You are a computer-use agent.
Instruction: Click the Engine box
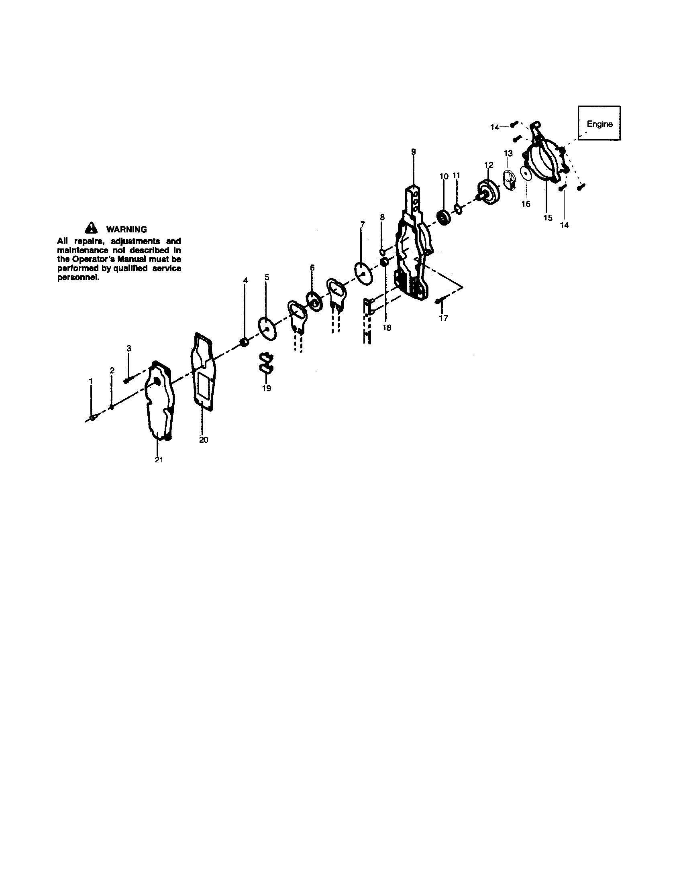point(599,123)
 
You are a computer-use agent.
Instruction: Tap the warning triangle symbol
point(92,228)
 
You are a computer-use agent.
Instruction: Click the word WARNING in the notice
point(126,229)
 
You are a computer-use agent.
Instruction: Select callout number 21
point(159,460)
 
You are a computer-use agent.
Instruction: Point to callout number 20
point(204,440)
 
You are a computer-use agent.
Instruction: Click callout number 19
point(267,389)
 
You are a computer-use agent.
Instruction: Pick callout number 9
point(413,152)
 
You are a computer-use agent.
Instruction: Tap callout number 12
point(489,165)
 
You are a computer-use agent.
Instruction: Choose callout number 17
point(444,318)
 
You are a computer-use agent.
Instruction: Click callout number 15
point(548,218)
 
